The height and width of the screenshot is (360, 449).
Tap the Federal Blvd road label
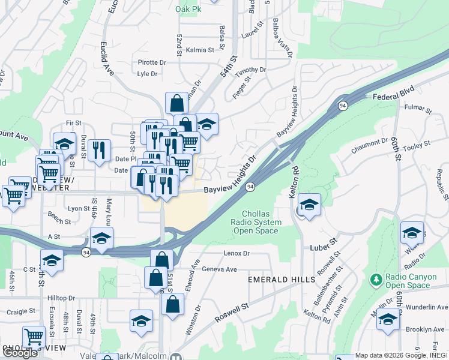click(x=394, y=96)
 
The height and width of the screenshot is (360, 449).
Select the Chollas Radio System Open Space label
click(x=261, y=222)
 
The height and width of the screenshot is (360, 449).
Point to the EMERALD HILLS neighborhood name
click(x=282, y=280)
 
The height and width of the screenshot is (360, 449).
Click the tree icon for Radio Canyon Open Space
click(x=376, y=280)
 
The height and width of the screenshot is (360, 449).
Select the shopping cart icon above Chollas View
click(x=34, y=337)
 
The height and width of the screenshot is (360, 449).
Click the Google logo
click(x=19, y=352)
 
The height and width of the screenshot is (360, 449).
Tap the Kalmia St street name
click(x=200, y=50)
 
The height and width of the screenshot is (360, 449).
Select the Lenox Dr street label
click(x=236, y=254)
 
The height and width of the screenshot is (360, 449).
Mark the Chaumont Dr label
click(x=372, y=143)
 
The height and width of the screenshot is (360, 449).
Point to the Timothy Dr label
click(x=250, y=71)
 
